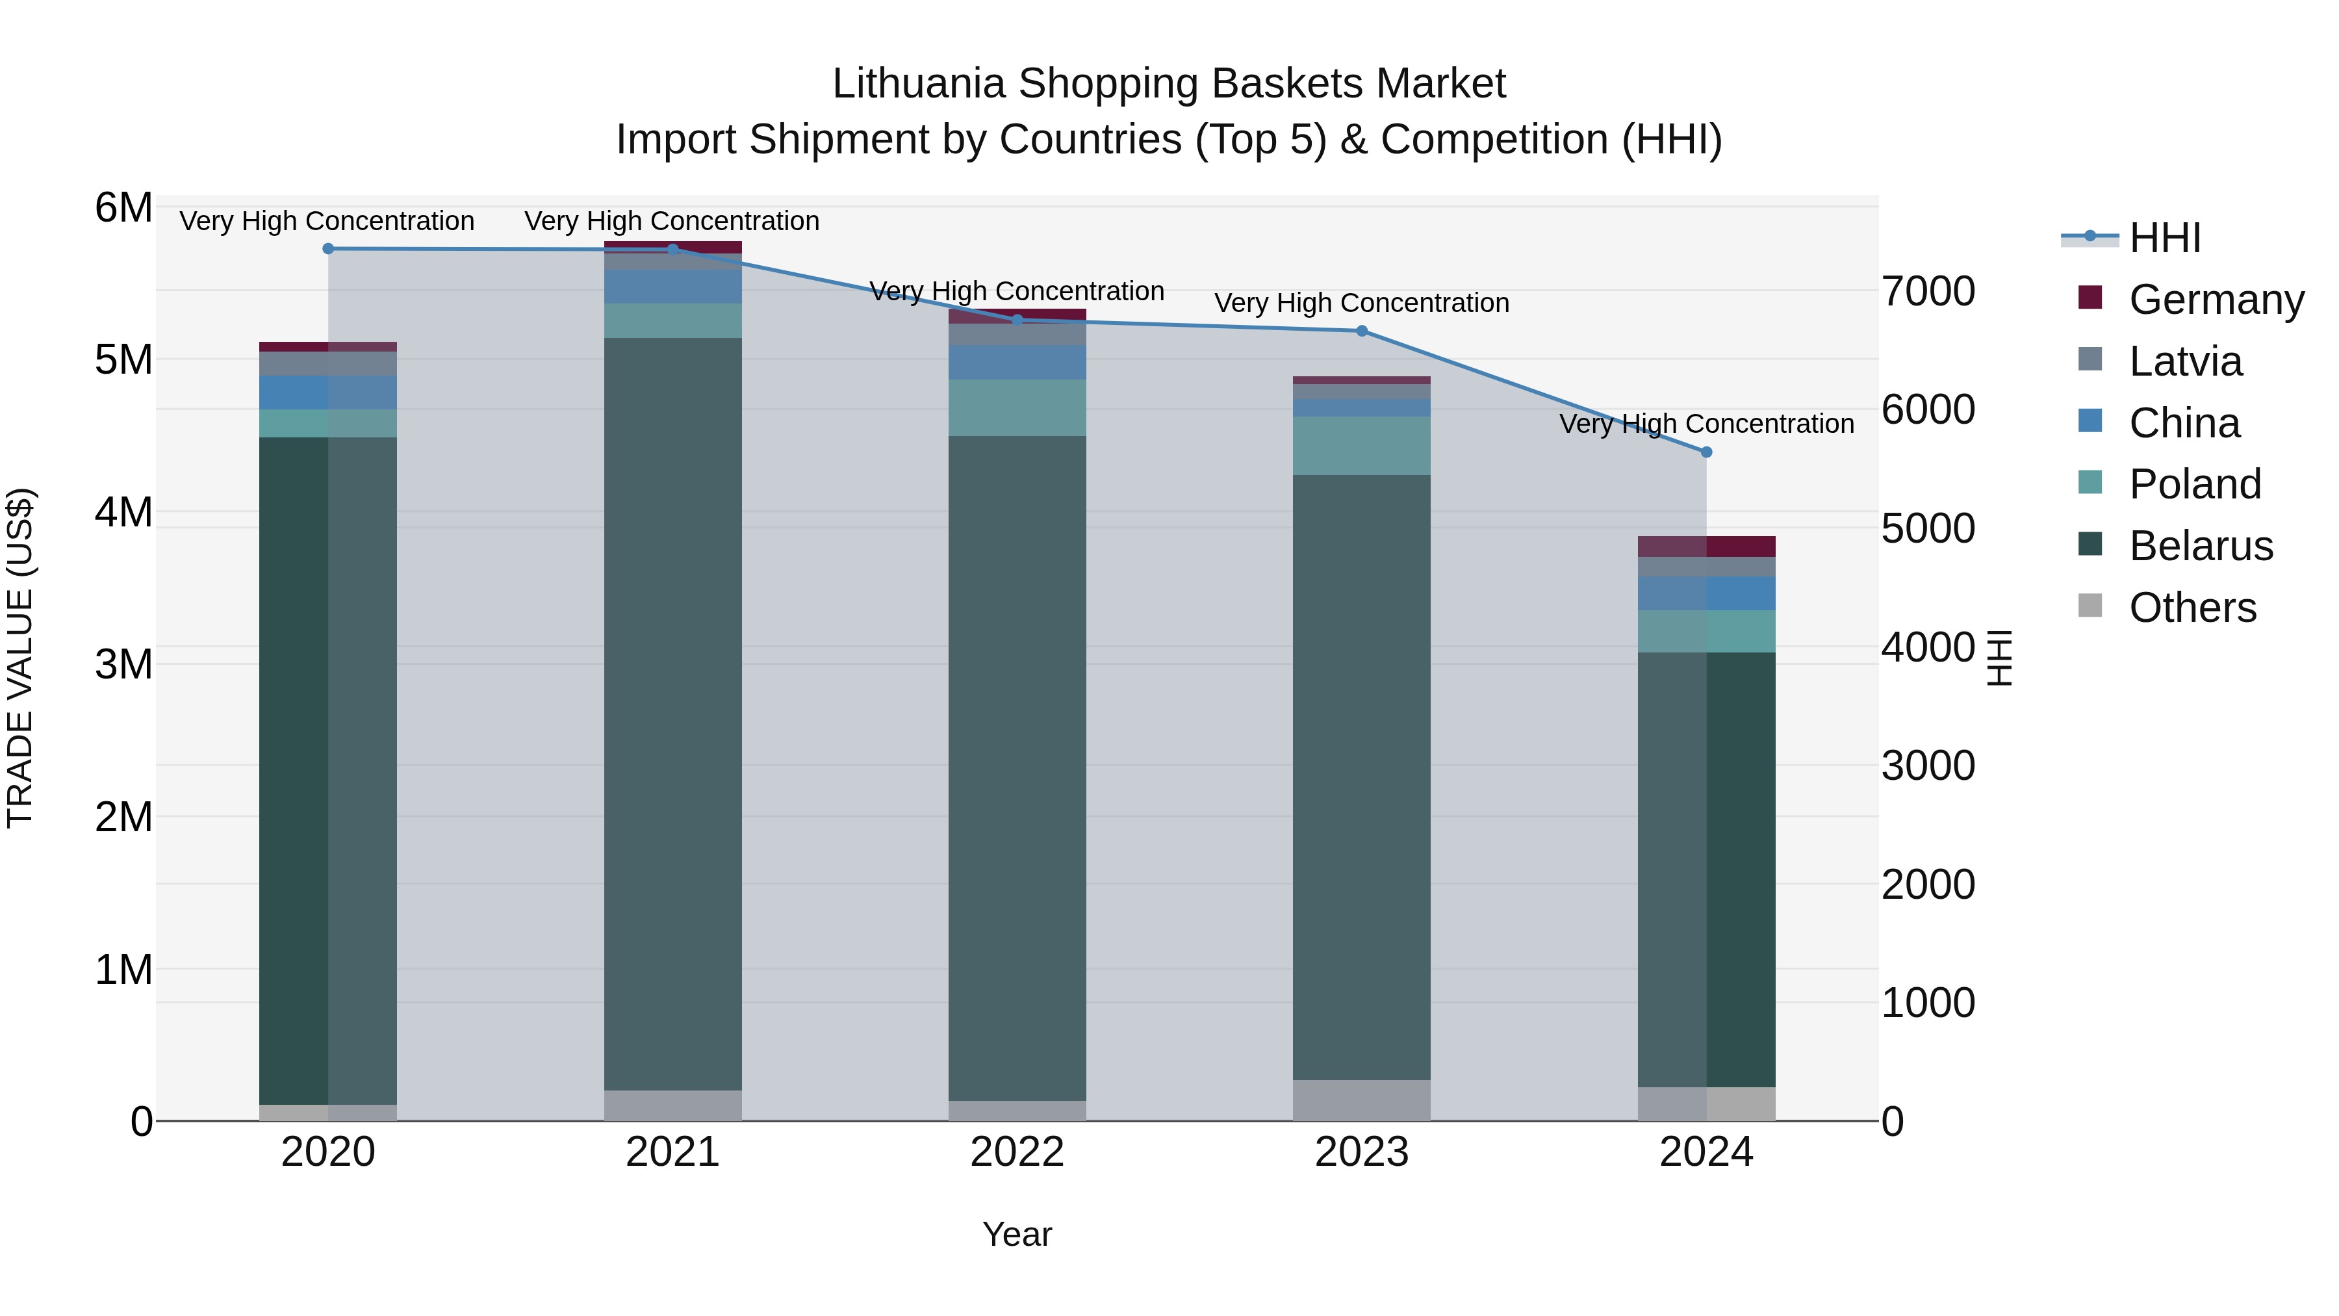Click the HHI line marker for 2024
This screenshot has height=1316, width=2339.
[1706, 452]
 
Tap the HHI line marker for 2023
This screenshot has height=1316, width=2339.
[1362, 331]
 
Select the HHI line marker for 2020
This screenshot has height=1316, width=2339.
[329, 249]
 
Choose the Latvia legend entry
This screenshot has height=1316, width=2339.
[2184, 361]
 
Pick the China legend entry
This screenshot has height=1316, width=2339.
[2184, 423]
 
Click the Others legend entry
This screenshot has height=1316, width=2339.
[2192, 608]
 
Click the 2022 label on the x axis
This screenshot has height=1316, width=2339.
[1017, 1152]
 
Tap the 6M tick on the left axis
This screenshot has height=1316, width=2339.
[123, 208]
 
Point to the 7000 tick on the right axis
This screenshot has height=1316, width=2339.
[1928, 292]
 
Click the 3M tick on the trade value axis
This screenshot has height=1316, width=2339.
[123, 665]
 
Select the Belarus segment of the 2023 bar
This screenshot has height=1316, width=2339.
[1362, 777]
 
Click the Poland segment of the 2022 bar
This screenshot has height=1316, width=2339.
[1017, 407]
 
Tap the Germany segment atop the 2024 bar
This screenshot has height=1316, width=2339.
[1706, 547]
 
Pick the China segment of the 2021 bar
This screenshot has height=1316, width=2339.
[673, 287]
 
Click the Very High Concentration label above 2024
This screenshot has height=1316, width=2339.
[1706, 424]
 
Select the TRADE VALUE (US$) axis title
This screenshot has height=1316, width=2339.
[21, 658]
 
